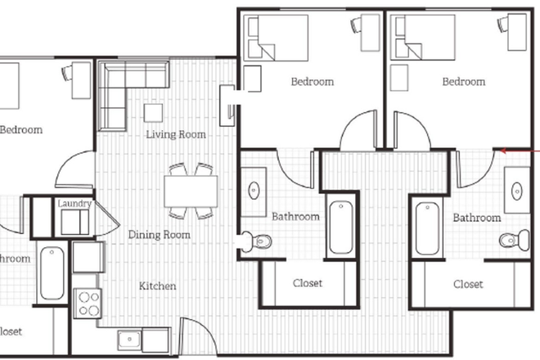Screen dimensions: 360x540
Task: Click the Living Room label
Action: [x=175, y=134]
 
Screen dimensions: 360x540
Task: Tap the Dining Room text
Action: [x=159, y=235]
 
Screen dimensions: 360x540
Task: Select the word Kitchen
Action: [x=157, y=286]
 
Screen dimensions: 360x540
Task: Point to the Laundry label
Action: [x=74, y=204]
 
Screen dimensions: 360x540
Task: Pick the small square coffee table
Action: [x=153, y=112]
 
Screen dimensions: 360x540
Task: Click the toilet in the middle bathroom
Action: [x=259, y=241]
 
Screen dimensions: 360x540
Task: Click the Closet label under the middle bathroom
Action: [x=308, y=283]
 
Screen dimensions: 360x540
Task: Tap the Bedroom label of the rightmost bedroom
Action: [x=463, y=82]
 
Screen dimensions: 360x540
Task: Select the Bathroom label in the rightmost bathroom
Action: [x=476, y=218]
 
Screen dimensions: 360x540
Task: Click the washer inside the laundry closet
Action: [x=74, y=222]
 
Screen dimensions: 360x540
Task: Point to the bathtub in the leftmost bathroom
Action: [x=51, y=273]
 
